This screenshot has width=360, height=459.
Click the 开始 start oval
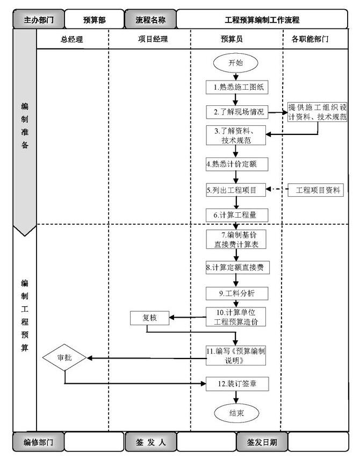(x=235, y=63)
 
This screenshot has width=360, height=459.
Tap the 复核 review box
(x=149, y=318)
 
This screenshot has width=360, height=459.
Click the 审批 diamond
(x=64, y=357)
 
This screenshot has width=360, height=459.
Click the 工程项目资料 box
(x=314, y=190)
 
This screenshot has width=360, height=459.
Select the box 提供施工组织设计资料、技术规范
(x=316, y=111)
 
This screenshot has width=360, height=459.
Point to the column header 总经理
(x=72, y=39)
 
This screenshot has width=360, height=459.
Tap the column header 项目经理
(x=149, y=39)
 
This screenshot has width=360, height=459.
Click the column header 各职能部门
(x=314, y=39)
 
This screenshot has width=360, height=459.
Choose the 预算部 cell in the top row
(x=94, y=19)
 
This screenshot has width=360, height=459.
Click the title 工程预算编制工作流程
(x=262, y=19)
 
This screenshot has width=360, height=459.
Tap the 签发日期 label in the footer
(x=262, y=442)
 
